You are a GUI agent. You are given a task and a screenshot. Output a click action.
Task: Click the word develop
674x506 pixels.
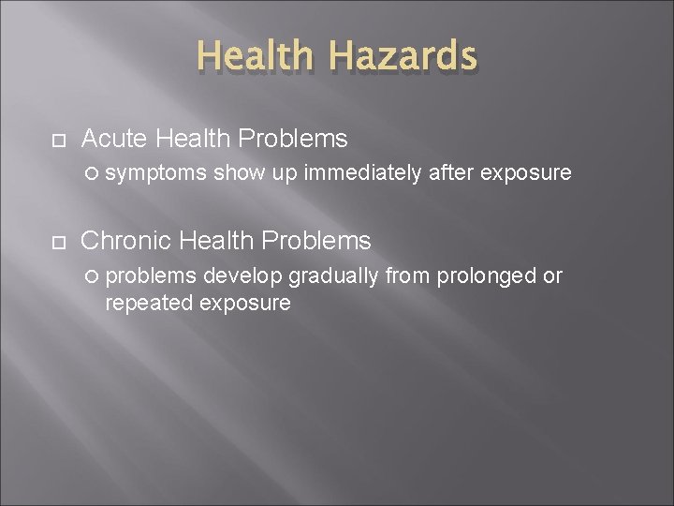[x=244, y=275]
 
